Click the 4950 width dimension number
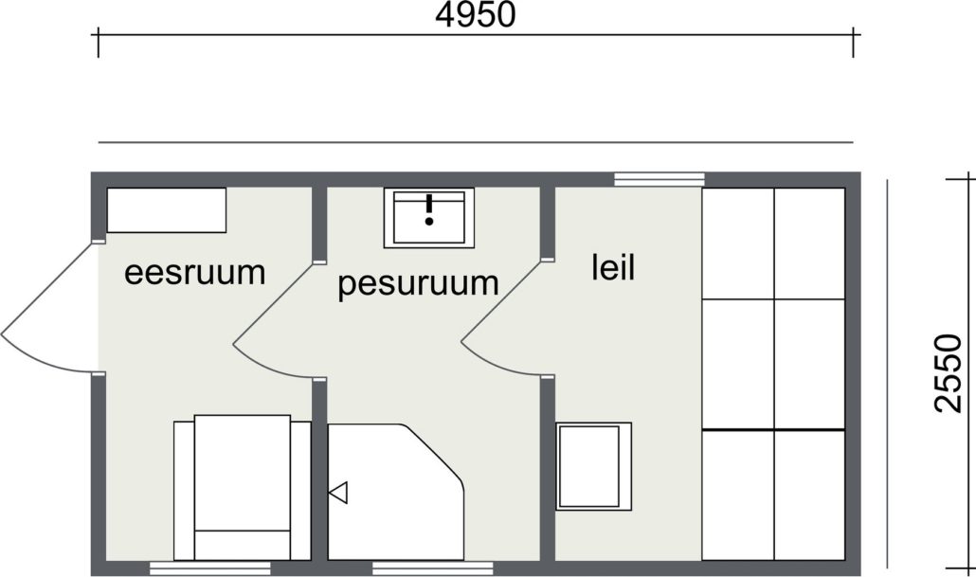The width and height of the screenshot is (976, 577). [x=475, y=14]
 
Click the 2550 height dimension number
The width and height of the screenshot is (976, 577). [x=949, y=373]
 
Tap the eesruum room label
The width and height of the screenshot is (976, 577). [x=195, y=273]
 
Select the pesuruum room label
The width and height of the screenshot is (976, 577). [x=418, y=284]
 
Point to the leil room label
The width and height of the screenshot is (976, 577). [x=613, y=267]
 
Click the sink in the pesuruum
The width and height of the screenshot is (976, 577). [x=429, y=218]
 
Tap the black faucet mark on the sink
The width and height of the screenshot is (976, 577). [x=429, y=209]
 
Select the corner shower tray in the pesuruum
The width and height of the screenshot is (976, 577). [x=396, y=492]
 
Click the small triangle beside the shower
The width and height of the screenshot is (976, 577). [x=338, y=493]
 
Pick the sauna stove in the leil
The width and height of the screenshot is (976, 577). [x=593, y=466]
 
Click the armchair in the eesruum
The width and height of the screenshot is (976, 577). [x=243, y=487]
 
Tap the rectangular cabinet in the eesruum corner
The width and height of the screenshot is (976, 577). [x=167, y=210]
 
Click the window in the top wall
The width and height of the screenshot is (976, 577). [x=660, y=179]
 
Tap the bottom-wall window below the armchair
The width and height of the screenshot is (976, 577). [x=210, y=568]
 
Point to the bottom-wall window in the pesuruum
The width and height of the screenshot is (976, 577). [x=433, y=568]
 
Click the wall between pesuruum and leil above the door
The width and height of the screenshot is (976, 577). [x=547, y=223]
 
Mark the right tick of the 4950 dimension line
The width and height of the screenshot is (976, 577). [x=853, y=43]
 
